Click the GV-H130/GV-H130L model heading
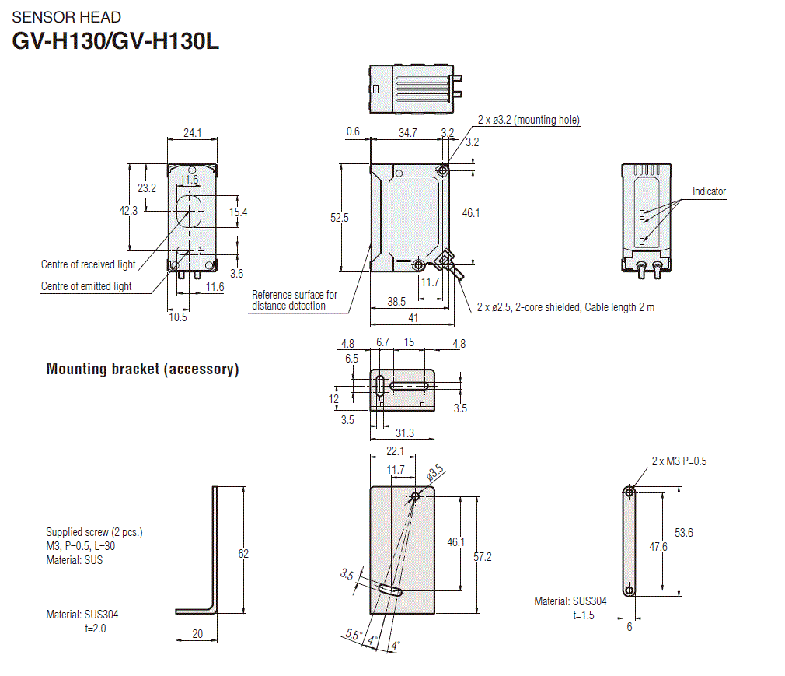click(116, 40)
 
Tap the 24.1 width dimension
click(192, 133)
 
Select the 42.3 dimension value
click(128, 210)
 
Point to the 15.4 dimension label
click(238, 212)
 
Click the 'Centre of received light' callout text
click(88, 264)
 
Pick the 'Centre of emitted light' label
click(86, 286)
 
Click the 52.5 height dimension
click(340, 218)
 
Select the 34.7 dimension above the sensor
click(407, 133)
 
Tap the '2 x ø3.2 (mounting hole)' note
click(529, 120)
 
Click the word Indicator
click(709, 191)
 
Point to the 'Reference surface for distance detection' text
click(295, 300)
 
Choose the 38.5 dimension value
click(397, 301)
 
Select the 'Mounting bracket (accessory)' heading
click(142, 369)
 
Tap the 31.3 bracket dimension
click(404, 433)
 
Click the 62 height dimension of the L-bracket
click(243, 553)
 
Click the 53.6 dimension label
click(684, 533)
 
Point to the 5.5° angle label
click(353, 636)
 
